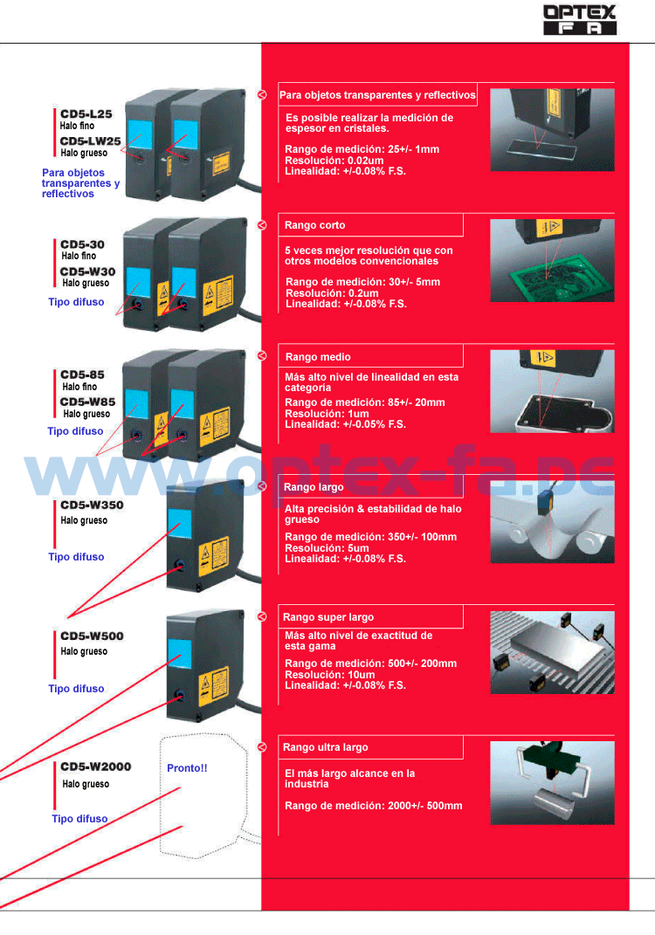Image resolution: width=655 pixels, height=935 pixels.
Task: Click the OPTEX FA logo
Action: click(579, 19)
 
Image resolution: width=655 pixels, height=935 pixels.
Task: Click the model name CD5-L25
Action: click(86, 114)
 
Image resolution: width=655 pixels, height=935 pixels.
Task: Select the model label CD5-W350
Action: click(92, 505)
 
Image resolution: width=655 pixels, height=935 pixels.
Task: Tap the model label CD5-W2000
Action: click(96, 767)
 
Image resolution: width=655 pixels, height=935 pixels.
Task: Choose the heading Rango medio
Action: click(318, 356)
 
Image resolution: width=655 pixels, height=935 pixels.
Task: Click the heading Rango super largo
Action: click(328, 617)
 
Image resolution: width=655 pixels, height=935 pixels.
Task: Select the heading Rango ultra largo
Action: click(326, 747)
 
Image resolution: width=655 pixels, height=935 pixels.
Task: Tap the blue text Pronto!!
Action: click(187, 768)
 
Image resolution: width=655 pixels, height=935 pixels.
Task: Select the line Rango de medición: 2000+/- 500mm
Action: click(374, 806)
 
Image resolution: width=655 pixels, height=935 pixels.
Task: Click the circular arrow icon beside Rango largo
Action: click(261, 486)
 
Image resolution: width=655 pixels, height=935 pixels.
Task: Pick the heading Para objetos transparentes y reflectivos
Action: click(377, 95)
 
